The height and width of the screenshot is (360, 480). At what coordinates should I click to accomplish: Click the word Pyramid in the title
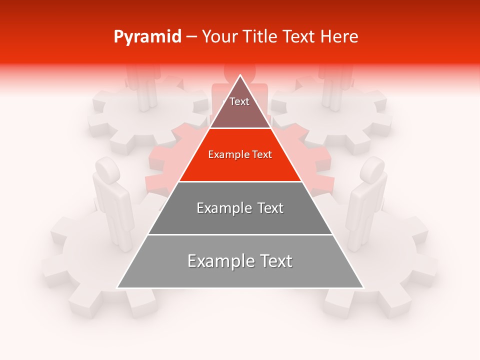click(147, 37)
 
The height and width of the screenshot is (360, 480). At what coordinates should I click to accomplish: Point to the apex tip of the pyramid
click(240, 75)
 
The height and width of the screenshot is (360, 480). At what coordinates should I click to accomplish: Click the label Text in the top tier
click(239, 101)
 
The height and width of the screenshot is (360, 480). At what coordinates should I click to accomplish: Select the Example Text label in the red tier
click(240, 154)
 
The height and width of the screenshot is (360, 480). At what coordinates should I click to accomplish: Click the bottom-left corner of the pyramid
click(117, 288)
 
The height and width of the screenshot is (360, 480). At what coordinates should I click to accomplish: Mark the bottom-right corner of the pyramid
click(363, 288)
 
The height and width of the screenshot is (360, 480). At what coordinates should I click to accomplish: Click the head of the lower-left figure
click(106, 169)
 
